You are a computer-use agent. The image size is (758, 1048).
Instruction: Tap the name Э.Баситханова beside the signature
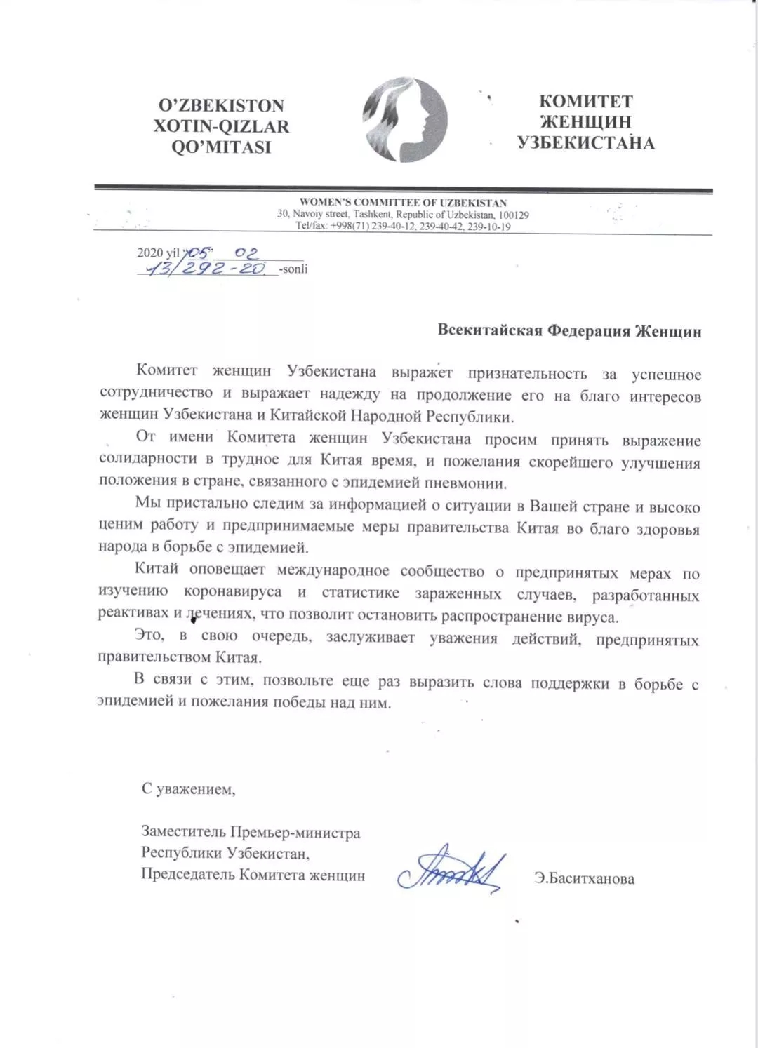click(584, 878)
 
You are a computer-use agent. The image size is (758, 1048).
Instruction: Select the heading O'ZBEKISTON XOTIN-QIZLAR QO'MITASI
click(221, 126)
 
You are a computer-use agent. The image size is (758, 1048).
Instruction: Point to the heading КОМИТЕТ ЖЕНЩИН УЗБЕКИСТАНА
click(586, 123)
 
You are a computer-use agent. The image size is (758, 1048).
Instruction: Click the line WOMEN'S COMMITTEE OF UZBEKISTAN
click(403, 203)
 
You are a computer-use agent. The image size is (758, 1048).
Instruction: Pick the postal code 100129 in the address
click(513, 215)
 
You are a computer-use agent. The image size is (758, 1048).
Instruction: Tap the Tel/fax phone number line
click(403, 227)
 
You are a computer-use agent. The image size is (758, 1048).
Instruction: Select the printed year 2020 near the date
click(149, 253)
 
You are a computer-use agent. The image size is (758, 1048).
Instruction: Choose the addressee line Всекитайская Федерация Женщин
click(569, 331)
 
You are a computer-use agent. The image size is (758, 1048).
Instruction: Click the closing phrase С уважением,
click(189, 789)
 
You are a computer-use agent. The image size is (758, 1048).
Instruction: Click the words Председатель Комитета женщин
click(253, 875)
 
